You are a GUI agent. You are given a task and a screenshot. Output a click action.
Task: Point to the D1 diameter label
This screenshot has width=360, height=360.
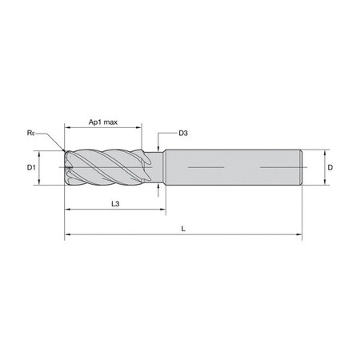pyautogui.click(x=30, y=167)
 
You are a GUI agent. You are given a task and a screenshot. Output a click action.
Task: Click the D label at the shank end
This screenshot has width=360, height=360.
pyautogui.click(x=331, y=167)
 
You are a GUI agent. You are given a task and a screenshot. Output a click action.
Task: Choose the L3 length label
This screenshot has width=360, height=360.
pyautogui.click(x=115, y=205)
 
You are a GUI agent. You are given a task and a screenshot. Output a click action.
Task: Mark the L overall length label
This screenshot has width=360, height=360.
pyautogui.click(x=183, y=230)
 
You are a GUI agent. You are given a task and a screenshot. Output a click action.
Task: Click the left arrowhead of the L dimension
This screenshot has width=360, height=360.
pyautogui.click(x=67, y=236)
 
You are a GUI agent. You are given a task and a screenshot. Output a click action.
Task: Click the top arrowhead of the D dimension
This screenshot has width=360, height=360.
pyautogui.click(x=324, y=151)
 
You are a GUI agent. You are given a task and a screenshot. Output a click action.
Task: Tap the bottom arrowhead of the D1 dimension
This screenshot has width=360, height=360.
pyautogui.click(x=39, y=183)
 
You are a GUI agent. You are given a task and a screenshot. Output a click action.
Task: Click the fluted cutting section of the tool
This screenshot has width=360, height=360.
pyautogui.click(x=104, y=168)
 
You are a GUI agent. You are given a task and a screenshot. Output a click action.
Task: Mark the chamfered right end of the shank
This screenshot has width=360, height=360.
pyautogui.click(x=301, y=168)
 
